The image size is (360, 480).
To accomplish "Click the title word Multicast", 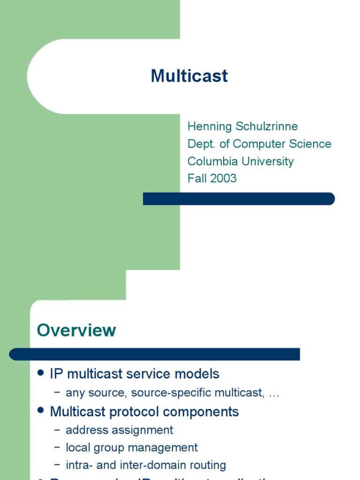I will (189, 76).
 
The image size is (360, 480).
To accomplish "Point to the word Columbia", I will (213, 161).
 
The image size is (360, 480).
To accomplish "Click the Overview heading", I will (76, 330).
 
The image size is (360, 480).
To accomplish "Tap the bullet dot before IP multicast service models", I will (41, 373).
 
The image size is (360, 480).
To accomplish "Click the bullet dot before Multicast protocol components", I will (41, 411).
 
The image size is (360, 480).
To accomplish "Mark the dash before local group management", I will (57, 448).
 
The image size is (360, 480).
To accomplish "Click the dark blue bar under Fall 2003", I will (239, 199).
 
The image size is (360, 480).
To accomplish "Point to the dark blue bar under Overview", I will (155, 354).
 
